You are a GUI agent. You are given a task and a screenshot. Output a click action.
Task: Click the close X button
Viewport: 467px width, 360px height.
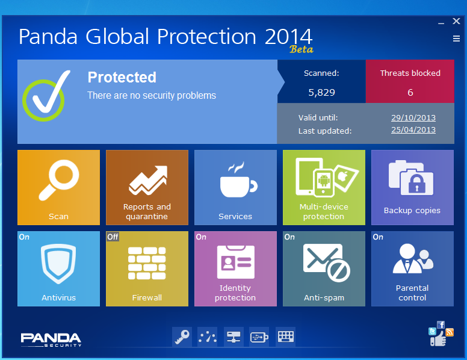pos(456,21)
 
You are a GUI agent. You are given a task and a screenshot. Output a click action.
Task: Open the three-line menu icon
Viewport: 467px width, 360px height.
pos(456,39)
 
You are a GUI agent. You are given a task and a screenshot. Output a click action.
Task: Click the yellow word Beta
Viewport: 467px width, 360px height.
pos(301,49)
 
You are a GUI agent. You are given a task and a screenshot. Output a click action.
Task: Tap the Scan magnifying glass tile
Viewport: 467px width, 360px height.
pos(58,187)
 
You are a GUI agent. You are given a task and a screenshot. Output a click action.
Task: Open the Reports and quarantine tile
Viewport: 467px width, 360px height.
pos(147,187)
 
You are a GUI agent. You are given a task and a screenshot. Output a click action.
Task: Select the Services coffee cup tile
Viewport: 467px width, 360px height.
pos(235,187)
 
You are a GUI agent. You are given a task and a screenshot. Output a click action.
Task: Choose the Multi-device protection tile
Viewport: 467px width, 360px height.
pos(324,187)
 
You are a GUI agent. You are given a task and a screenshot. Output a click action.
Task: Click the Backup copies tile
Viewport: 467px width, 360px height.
pos(412,187)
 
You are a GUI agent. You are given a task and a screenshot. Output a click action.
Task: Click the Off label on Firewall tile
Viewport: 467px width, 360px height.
pos(113,237)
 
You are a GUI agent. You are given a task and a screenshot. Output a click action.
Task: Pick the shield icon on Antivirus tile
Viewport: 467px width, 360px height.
pos(58,264)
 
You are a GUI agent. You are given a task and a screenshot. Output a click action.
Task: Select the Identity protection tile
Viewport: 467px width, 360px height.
pos(235,269)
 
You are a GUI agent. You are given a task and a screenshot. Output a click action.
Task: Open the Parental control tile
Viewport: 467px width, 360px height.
pos(412,269)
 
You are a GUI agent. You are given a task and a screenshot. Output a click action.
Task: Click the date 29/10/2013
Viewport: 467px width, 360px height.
pos(413,118)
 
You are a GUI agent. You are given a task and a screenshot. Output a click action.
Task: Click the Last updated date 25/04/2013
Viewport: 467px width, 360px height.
pos(413,130)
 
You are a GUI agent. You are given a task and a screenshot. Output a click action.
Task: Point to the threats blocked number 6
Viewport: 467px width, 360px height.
pos(410,92)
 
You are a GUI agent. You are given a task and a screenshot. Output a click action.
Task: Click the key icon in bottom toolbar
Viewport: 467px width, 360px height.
pos(182,337)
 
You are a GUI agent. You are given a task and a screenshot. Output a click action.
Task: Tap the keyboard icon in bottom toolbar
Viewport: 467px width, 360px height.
pos(286,337)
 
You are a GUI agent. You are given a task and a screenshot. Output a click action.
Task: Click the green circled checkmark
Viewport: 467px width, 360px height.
pos(47,96)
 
